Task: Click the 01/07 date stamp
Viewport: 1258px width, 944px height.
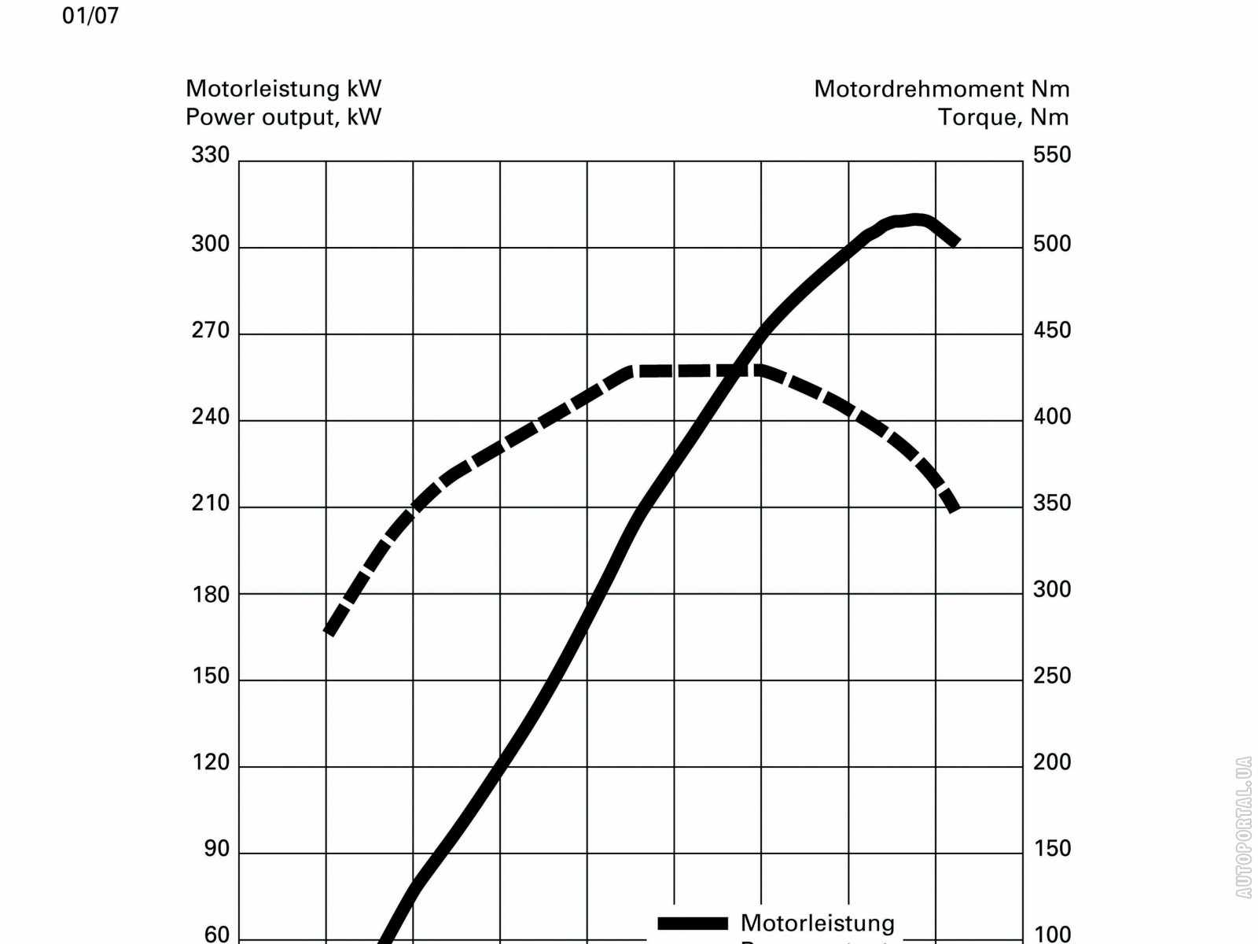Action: click(90, 16)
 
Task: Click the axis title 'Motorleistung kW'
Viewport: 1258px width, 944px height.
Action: click(283, 88)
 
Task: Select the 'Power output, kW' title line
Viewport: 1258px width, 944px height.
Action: click(283, 117)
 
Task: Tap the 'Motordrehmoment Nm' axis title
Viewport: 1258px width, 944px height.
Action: click(941, 89)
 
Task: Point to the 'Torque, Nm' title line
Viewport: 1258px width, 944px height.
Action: click(1003, 117)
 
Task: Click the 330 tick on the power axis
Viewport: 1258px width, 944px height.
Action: click(211, 155)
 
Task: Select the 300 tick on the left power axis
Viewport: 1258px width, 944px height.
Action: click(211, 244)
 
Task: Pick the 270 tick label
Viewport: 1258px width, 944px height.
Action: click(211, 330)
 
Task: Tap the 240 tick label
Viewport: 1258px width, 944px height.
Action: click(211, 417)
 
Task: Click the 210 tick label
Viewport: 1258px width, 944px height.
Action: click(211, 503)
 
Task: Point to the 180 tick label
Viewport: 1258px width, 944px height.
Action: click(211, 595)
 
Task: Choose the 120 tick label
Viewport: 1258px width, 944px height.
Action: click(211, 762)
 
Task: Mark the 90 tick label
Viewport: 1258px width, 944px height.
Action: click(216, 849)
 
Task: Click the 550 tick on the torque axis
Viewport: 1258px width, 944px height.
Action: click(1052, 155)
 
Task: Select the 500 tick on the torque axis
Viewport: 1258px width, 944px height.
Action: click(1052, 244)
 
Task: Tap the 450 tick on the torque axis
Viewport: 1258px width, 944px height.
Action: click(1052, 330)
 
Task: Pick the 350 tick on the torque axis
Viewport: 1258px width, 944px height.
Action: click(1052, 503)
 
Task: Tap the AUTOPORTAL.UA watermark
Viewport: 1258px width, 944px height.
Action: click(1243, 827)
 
